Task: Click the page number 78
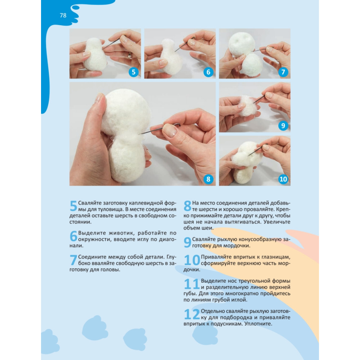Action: point(63,15)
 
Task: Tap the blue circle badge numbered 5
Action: point(134,72)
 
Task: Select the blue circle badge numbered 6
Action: point(208,72)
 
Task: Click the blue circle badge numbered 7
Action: point(283,72)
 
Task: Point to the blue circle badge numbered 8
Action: point(208,179)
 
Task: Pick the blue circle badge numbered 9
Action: point(283,126)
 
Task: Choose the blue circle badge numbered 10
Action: point(283,179)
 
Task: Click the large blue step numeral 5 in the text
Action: point(73,206)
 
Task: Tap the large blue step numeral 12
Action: point(192,314)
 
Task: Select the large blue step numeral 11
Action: point(192,284)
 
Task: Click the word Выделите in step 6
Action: point(92,233)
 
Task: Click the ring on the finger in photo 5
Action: point(130,55)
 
